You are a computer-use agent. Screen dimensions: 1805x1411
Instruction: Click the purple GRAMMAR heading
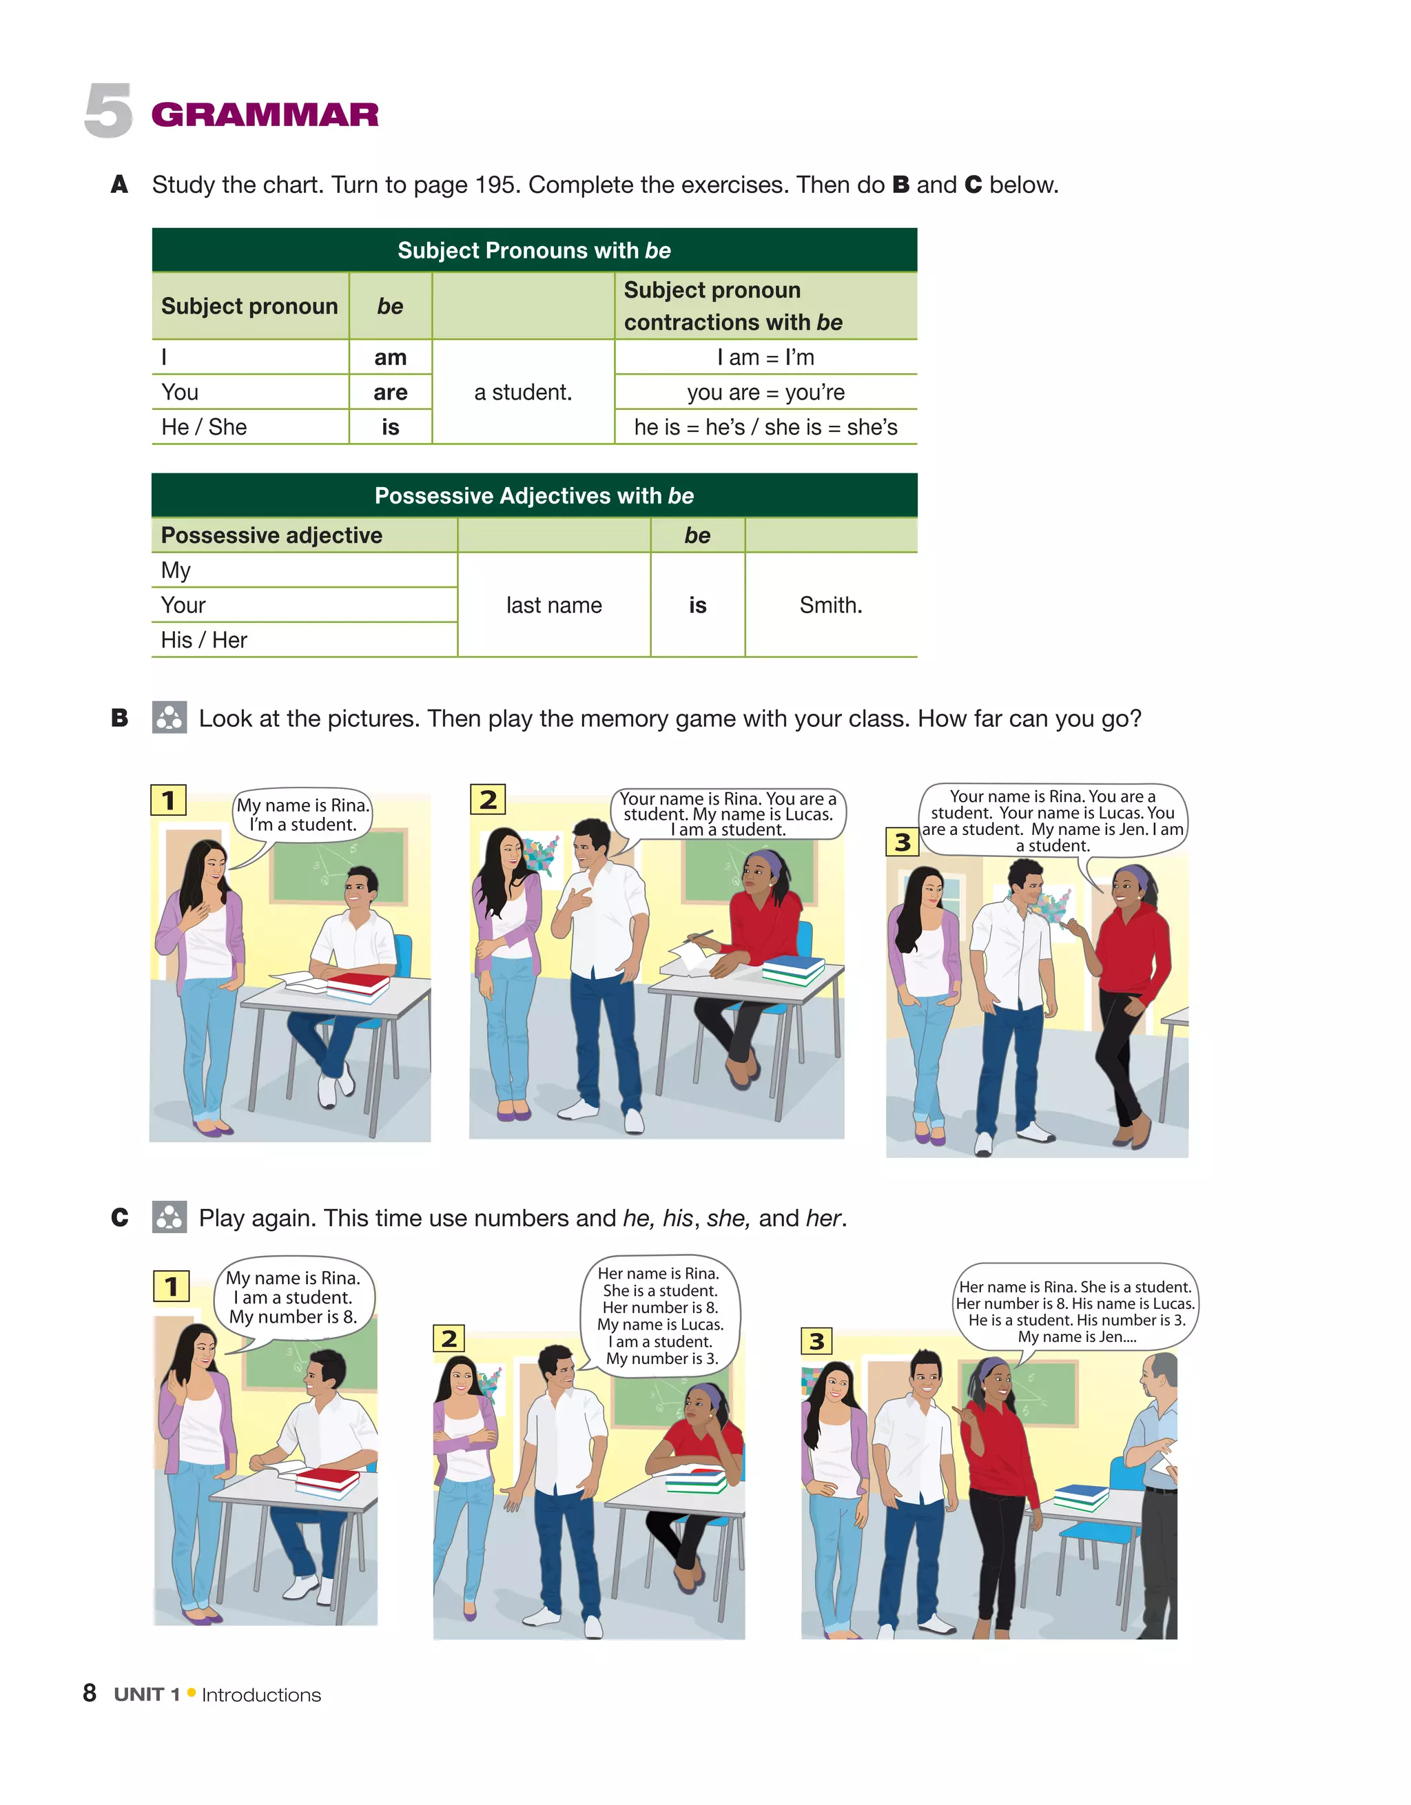click(265, 114)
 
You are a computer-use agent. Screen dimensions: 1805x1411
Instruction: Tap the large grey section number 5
click(107, 111)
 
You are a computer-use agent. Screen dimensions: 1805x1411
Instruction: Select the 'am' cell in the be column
click(390, 357)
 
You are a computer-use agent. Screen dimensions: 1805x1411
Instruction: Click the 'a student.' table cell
click(522, 392)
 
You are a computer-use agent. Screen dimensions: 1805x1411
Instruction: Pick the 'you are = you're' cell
click(765, 392)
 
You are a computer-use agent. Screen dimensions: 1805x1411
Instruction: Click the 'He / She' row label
click(204, 426)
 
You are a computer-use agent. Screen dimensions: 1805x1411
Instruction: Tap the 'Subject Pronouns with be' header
click(534, 250)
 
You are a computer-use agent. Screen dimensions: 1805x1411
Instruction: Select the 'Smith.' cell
click(830, 605)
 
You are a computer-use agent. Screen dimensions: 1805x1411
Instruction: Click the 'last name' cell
click(554, 605)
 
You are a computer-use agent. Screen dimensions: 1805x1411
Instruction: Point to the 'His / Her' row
click(204, 640)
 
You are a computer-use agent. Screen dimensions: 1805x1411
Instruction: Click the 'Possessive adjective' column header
click(271, 535)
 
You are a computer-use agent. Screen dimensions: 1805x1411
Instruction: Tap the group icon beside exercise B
click(169, 717)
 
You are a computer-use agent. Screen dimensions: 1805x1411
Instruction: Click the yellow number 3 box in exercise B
click(902, 842)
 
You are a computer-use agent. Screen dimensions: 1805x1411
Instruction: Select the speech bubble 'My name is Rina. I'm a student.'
click(302, 815)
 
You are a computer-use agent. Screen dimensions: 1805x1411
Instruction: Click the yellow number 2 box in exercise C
click(448, 1338)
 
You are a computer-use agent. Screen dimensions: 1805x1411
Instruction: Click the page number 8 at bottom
click(90, 1693)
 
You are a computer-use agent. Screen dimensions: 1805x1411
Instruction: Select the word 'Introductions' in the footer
click(261, 1695)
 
